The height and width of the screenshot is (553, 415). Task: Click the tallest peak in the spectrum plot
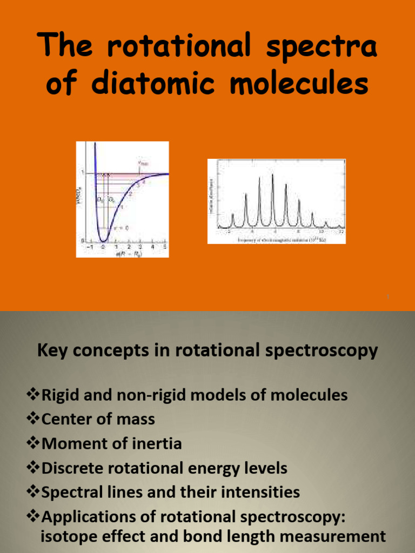click(x=273, y=176)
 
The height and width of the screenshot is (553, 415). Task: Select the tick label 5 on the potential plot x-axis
click(x=165, y=247)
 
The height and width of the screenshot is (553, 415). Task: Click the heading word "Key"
click(x=52, y=350)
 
